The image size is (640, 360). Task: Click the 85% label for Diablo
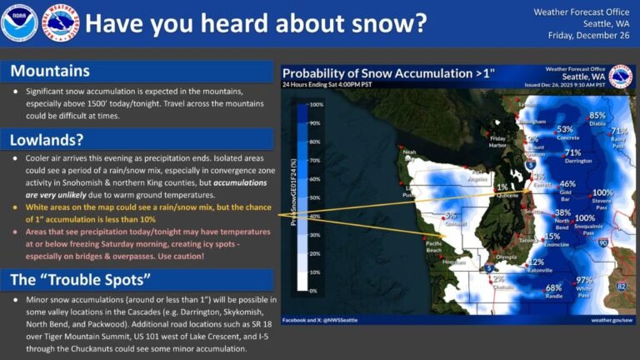click(597, 116)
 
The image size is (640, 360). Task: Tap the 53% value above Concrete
click(565, 129)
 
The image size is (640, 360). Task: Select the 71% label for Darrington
click(572, 152)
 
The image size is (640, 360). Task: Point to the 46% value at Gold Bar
click(567, 184)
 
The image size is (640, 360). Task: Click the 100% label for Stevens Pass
click(602, 192)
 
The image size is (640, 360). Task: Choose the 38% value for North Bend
click(562, 212)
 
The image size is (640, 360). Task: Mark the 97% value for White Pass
click(584, 280)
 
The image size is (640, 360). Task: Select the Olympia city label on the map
click(507, 257)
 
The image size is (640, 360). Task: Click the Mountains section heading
click(50, 71)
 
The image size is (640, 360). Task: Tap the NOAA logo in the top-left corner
click(18, 22)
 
